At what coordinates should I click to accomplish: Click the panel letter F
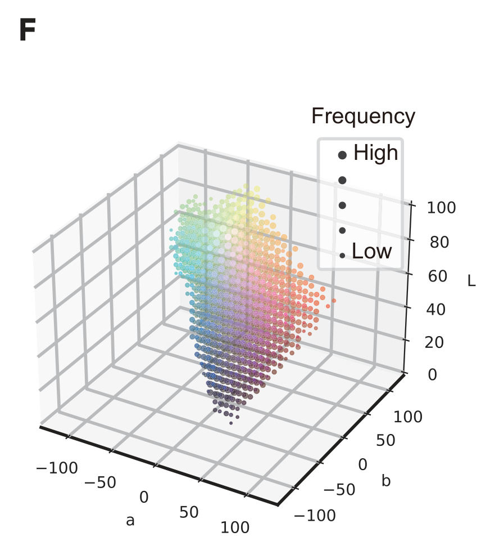point(28,31)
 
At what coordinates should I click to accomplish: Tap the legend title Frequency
point(363,117)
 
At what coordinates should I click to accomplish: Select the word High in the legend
point(375,153)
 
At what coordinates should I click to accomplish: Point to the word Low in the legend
point(371,251)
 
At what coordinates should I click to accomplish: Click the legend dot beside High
point(342,155)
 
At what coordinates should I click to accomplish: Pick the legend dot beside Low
point(342,255)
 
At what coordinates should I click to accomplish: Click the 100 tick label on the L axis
point(441,208)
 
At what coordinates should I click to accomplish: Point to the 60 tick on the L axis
point(437,276)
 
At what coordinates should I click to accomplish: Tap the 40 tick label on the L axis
point(437,309)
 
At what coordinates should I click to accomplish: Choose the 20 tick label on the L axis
point(437,342)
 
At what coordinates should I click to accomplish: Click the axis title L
point(471,281)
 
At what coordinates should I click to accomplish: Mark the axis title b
point(386,481)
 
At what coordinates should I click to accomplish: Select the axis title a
point(130,521)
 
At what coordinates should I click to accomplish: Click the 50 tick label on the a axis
point(190,512)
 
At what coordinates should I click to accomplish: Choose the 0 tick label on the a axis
point(144,497)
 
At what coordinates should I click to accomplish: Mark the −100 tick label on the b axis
point(315,515)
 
